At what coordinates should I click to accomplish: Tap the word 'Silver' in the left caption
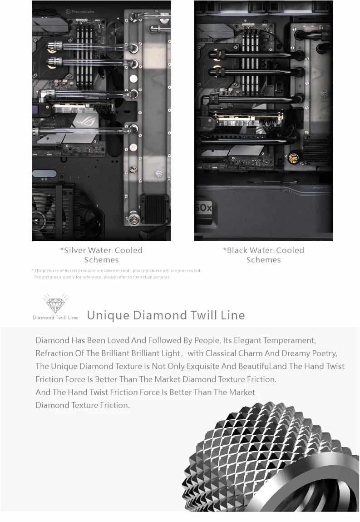pyautogui.click(x=75, y=250)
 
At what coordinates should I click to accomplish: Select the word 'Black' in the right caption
pyautogui.click(x=237, y=250)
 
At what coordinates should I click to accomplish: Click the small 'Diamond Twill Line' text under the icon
pyautogui.click(x=55, y=317)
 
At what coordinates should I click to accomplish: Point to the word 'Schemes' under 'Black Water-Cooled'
pyautogui.click(x=263, y=260)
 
